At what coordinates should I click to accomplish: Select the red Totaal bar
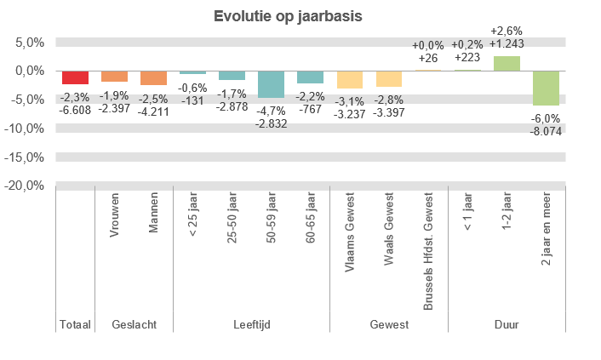coord(75,77)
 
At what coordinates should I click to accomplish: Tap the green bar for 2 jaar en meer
coord(546,88)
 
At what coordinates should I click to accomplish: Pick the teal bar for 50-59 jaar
coord(271,84)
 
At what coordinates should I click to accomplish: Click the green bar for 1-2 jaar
coord(507,64)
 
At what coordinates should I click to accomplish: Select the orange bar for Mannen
coord(153,78)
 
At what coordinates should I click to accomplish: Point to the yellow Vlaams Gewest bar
coord(349,80)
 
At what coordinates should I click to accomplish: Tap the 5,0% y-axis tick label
coord(29,43)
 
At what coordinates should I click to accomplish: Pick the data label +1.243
coord(507,43)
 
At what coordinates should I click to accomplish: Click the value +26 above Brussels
coord(428,58)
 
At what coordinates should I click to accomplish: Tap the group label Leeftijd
coord(251,325)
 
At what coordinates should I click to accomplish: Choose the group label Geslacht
coord(134,325)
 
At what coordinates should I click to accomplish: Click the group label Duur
coord(507,325)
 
